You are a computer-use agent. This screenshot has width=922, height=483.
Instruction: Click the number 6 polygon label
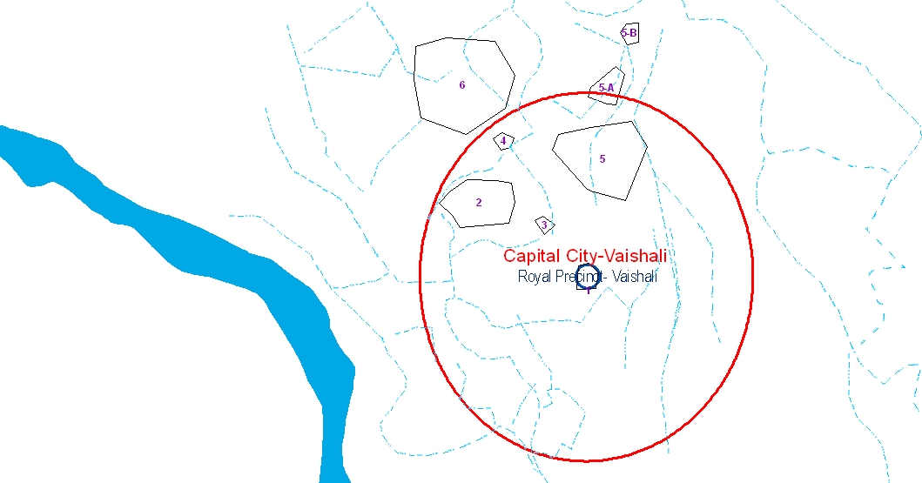tap(462, 85)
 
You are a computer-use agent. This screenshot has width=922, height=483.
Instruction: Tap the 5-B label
tap(629, 33)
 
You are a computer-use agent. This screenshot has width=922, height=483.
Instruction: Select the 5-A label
tap(606, 88)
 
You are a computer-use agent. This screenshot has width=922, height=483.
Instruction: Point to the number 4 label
tap(503, 140)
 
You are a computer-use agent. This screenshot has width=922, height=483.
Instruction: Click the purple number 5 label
tap(602, 159)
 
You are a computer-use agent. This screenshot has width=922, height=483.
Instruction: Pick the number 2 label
tap(479, 203)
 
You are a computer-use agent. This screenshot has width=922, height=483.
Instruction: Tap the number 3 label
tap(544, 225)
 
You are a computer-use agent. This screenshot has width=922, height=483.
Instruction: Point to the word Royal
tap(535, 277)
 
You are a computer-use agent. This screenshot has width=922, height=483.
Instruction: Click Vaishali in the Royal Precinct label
tap(635, 277)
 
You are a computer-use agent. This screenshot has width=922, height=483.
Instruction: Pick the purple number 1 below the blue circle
tap(588, 291)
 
